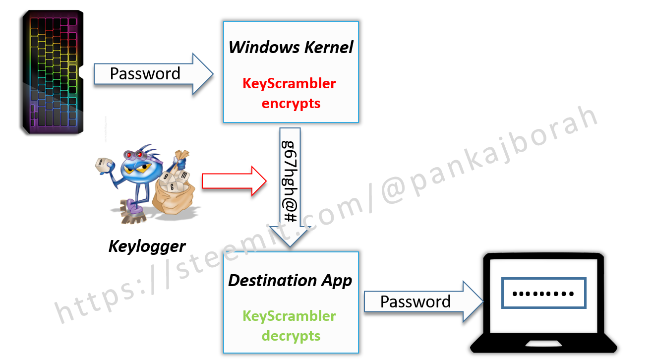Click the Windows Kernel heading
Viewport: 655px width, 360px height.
(291, 48)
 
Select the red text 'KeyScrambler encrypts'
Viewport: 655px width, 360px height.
(290, 93)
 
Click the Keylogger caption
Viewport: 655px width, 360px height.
(147, 246)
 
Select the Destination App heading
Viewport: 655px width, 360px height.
(290, 281)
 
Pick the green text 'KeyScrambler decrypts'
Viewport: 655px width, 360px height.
(290, 326)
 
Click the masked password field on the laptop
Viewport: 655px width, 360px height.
(544, 293)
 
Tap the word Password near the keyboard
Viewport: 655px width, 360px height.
(145, 74)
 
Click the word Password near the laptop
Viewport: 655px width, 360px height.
(416, 301)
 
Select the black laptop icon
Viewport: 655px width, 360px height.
(544, 302)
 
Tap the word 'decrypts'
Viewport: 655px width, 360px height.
(291, 336)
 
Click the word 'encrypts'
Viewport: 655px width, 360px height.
(291, 103)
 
